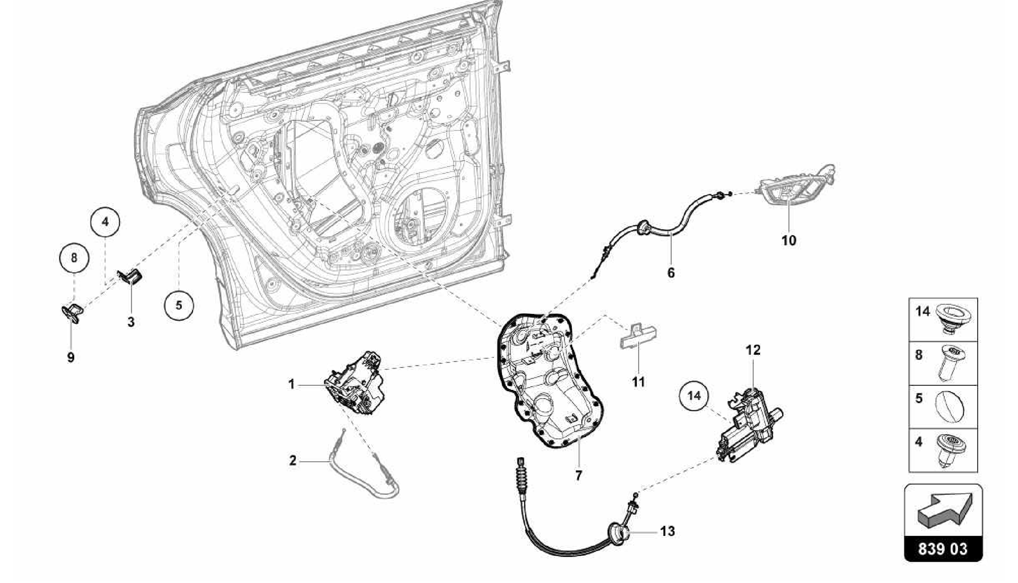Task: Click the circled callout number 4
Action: [105, 221]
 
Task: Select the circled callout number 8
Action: [74, 258]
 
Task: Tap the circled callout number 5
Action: [178, 304]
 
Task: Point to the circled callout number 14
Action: [694, 395]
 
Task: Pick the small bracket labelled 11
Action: [637, 337]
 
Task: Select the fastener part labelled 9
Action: [71, 312]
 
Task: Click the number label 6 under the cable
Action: [671, 273]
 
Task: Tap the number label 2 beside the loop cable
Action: [293, 461]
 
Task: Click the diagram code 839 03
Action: [943, 549]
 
